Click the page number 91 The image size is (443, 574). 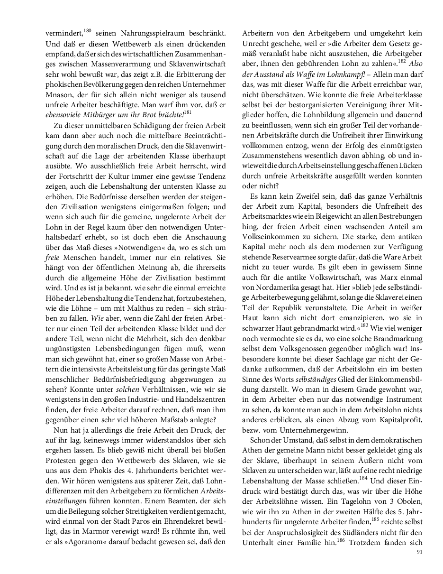pyautogui.click(x=419, y=552)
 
